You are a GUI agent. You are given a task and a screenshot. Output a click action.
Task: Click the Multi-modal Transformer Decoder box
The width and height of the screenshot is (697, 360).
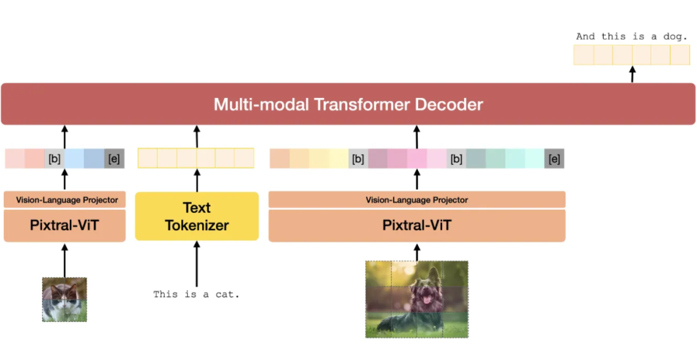pos(348,104)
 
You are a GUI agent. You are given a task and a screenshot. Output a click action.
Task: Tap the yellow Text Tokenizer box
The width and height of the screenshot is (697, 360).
pos(197,216)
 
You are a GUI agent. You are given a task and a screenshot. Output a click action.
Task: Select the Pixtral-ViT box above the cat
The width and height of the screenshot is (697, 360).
pos(65,226)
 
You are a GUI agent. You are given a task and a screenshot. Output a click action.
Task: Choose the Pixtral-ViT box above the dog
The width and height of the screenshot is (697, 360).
pos(416,226)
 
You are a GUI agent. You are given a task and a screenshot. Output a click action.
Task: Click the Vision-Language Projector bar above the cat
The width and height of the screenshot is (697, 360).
pos(65,200)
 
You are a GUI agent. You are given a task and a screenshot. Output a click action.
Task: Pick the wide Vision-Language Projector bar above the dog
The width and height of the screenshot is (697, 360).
pos(416,200)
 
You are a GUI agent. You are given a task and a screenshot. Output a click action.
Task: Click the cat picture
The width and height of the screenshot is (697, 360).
pos(65,299)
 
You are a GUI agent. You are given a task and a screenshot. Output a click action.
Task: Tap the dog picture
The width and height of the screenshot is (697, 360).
pos(416,299)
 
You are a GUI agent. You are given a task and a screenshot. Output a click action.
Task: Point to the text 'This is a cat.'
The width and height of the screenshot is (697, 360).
pos(196,294)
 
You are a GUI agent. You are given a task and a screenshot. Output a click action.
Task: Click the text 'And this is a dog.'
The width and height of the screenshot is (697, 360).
pos(632,37)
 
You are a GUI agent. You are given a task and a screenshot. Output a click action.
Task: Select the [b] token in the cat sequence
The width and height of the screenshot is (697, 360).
pos(54,159)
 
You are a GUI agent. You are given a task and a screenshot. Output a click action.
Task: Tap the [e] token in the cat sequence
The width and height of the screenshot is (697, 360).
pos(114,159)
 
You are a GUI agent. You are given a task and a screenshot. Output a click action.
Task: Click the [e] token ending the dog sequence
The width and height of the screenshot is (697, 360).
pos(554,159)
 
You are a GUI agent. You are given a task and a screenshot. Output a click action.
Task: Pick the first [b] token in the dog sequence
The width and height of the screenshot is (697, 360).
pos(358,159)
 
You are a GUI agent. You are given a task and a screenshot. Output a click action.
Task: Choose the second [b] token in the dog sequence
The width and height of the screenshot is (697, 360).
pos(456,159)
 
